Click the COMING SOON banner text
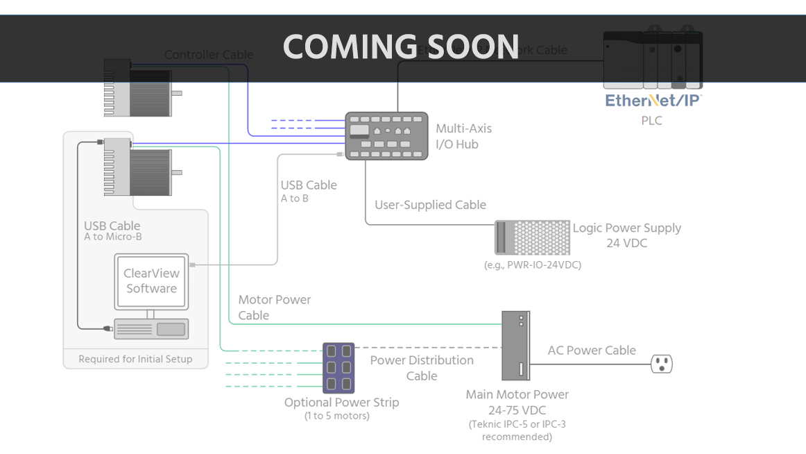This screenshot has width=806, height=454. [401, 47]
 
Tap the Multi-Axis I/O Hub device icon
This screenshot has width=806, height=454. [386, 136]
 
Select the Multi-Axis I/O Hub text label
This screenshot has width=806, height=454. [463, 136]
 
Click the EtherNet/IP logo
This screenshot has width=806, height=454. [653, 100]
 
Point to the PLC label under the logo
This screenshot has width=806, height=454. [651, 121]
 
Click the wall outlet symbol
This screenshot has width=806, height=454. [661, 363]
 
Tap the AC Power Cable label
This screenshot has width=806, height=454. [592, 351]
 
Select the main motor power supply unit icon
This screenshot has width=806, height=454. [515, 345]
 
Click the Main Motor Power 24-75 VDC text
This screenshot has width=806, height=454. [517, 403]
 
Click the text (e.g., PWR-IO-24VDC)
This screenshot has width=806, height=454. [532, 265]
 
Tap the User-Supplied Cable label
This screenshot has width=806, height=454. [430, 205]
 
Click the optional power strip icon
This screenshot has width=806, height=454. [338, 367]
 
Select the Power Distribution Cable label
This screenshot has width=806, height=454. [422, 368]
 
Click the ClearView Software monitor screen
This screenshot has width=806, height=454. [151, 281]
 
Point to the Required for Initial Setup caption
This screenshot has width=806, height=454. [135, 359]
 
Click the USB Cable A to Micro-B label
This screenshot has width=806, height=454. [113, 230]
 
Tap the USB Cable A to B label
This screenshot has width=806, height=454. [308, 191]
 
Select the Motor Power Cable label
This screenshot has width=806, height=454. [274, 307]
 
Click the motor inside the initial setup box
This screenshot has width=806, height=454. [137, 167]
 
